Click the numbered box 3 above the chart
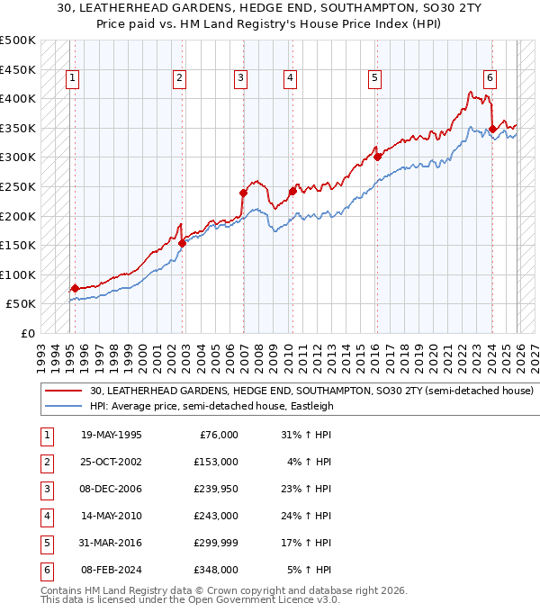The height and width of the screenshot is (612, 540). tap(241, 79)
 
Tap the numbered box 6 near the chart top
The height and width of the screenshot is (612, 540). tap(490, 79)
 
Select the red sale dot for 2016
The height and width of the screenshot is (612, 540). tap(378, 157)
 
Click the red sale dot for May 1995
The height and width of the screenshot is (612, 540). tap(75, 288)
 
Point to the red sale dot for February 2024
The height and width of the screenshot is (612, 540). tap(492, 129)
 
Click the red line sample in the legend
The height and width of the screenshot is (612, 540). tap(65, 391)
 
